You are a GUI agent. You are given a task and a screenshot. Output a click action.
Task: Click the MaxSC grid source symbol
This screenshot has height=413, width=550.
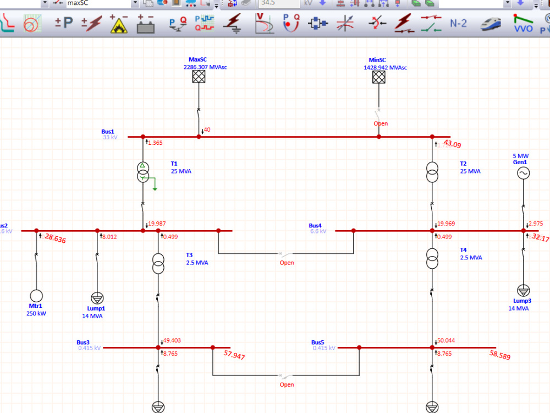click(x=199, y=77)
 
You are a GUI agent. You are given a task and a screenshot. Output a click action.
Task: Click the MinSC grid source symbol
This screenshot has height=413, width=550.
click(x=378, y=77)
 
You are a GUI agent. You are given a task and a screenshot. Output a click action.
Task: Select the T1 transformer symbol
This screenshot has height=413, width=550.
click(x=143, y=171)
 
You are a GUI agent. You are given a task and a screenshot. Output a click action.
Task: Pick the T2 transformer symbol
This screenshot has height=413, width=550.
click(x=432, y=171)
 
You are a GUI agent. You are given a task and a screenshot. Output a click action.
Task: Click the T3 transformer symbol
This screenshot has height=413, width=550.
click(x=158, y=263)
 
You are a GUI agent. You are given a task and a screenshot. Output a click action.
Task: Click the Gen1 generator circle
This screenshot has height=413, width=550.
click(x=522, y=173)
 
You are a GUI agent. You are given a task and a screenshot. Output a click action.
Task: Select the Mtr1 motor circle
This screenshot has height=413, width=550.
click(x=36, y=296)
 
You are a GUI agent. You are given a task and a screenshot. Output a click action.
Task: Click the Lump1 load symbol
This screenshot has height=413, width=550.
click(x=97, y=298)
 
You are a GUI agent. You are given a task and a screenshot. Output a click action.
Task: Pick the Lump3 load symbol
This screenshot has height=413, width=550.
click(x=522, y=291)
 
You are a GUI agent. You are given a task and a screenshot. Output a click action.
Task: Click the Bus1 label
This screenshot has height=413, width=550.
click(x=108, y=132)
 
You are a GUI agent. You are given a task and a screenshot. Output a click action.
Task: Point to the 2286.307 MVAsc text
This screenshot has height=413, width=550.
click(x=205, y=67)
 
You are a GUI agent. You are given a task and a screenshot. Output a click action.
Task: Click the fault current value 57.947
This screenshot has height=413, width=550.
click(x=234, y=355)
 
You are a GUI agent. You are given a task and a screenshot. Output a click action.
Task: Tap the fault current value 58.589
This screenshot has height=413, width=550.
click(x=499, y=355)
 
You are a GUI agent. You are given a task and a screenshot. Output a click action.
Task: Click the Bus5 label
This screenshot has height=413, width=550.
click(x=317, y=342)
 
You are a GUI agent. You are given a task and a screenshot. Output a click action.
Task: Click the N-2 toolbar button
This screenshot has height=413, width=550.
click(x=458, y=24)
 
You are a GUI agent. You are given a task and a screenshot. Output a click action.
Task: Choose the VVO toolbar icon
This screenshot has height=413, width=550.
click(x=523, y=24)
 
